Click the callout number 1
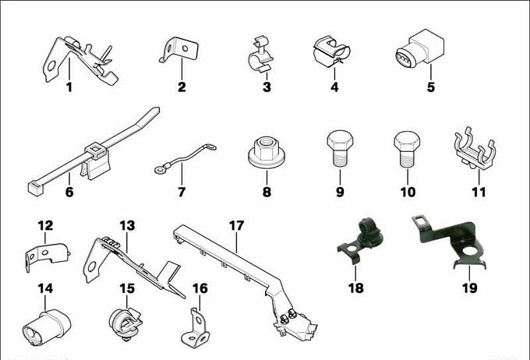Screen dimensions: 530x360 click(69, 87)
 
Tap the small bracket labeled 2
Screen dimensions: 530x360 click(179, 50)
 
